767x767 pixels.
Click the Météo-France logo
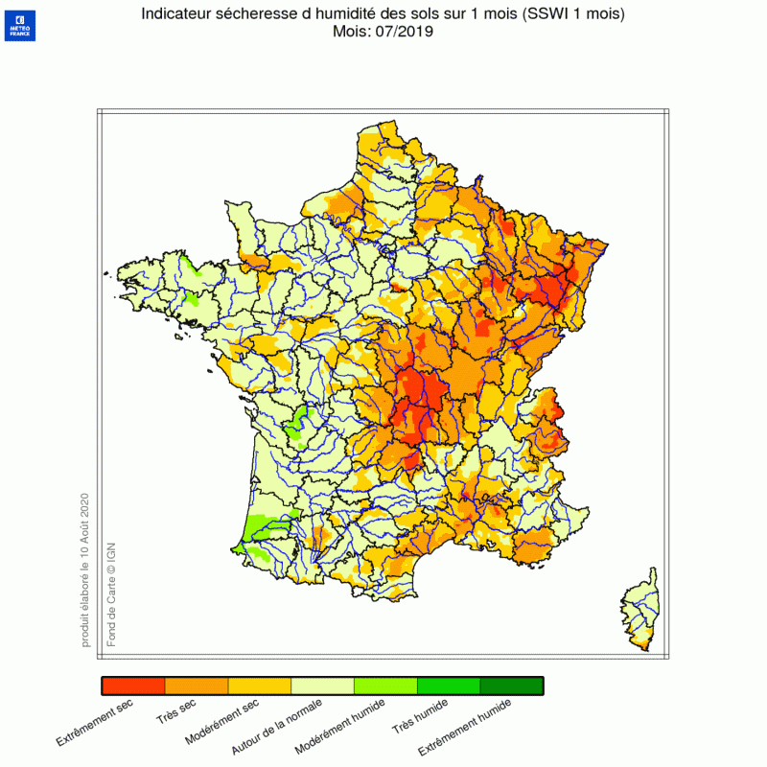pos(19,25)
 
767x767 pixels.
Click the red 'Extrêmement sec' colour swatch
pos(133,686)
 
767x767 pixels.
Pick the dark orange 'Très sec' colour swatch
pos(197,686)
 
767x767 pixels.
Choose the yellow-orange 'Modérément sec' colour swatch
pos(260,686)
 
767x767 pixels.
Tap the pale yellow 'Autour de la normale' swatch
pos(323,686)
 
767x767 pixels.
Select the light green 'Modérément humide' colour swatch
pos(386,686)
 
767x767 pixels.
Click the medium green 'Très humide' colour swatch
pos(449,686)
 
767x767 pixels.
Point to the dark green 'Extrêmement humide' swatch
pos(512,686)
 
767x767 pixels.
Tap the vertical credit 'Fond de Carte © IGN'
pos(110,593)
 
